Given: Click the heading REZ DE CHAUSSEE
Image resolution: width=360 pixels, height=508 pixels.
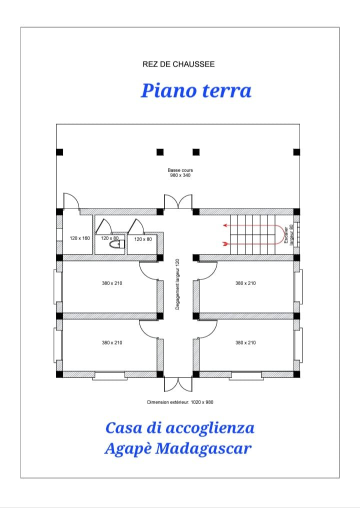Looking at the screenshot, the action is tap(178, 64).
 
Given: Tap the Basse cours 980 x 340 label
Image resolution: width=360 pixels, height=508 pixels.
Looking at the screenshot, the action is tap(180, 172).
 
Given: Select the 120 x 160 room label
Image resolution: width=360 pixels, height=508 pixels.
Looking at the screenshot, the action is tap(79, 238).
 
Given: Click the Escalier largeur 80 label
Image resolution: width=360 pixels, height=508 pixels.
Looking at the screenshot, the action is tap(288, 235).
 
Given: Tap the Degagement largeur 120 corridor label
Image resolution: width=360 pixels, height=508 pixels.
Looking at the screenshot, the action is tap(177, 284).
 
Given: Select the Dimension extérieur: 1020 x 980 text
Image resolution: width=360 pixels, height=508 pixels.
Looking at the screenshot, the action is tap(180, 402).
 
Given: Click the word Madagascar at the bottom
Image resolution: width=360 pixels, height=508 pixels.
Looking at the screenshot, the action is tap(203, 448).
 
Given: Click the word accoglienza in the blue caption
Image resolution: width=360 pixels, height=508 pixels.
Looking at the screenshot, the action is tap(210, 428).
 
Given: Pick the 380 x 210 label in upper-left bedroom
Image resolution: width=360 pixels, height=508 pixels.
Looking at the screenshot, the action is tap(112, 283).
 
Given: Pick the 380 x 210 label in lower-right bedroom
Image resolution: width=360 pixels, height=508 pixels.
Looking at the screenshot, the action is tap(245, 342).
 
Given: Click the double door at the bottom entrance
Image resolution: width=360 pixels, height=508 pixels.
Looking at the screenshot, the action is tap(178, 384).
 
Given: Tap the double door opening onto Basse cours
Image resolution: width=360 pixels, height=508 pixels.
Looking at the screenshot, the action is tap(178, 201).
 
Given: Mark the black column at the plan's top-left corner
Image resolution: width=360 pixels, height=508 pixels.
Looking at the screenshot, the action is tap(59, 152).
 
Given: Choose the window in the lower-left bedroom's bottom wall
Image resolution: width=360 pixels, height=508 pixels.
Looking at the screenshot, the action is tap(109, 376).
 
